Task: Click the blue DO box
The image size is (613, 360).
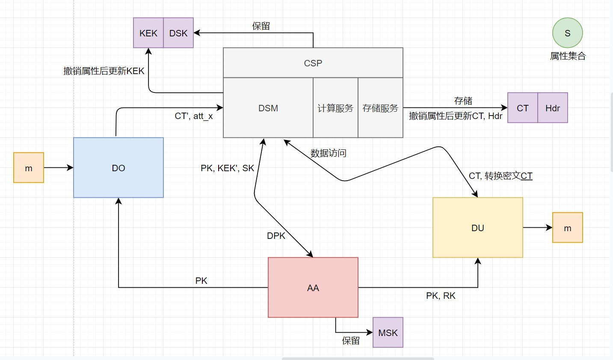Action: click(118, 168)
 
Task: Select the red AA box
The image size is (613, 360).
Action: click(313, 288)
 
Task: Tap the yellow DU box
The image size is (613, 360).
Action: click(477, 228)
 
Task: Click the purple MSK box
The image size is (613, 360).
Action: click(388, 333)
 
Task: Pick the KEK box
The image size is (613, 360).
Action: click(148, 33)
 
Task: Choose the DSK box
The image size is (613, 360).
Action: click(178, 33)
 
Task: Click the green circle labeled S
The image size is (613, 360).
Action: click(567, 33)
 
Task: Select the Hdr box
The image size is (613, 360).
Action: click(552, 108)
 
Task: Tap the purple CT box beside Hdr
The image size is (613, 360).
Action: click(522, 108)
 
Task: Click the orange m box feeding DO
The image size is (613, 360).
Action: click(29, 168)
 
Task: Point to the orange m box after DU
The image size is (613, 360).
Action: click(567, 228)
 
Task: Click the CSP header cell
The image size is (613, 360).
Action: click(313, 63)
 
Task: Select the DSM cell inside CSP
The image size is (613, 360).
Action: click(268, 108)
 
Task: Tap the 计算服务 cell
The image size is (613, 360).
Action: click(335, 108)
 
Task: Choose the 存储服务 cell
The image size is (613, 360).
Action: click(380, 108)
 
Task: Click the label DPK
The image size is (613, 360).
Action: click(276, 236)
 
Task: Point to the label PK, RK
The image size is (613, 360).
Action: click(441, 296)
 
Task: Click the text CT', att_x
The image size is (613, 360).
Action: click(194, 116)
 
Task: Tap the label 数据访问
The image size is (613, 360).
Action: click(328, 153)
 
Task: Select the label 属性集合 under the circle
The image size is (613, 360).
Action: click(567, 56)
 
